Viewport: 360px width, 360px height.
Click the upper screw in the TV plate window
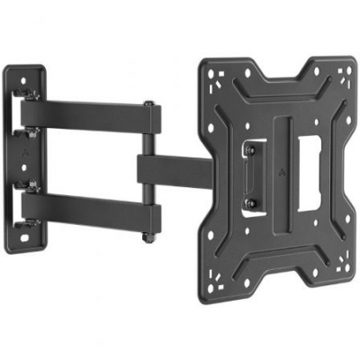246,146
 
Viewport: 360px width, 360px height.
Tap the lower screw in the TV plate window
247,204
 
